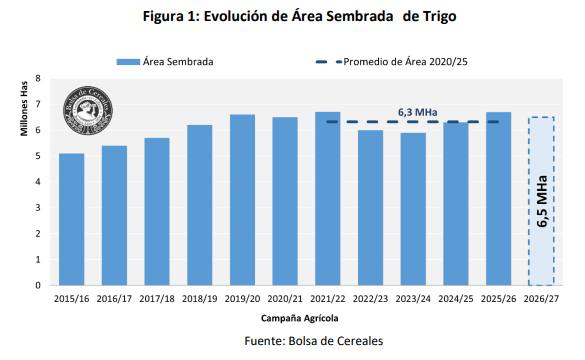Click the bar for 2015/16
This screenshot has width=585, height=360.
coord(71,219)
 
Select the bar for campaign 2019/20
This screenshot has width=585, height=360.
coord(242,199)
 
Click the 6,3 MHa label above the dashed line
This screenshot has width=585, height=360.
coord(413,112)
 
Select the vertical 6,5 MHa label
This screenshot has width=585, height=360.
coord(541,205)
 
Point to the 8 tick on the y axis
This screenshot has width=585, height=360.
coord(38,79)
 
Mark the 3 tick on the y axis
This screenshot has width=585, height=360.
coord(38,208)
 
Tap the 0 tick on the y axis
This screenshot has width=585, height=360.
coord(38,285)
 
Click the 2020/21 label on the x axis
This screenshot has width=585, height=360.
coord(285,298)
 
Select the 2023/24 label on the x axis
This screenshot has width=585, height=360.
coord(413,298)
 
